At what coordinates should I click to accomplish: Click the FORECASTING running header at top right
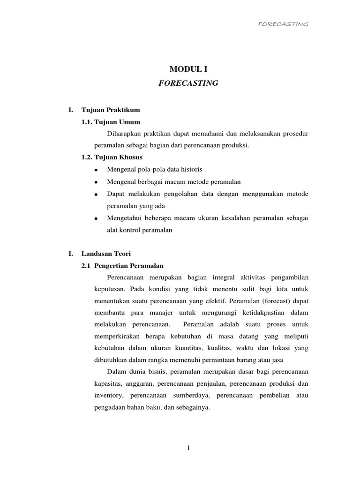(x=283, y=24)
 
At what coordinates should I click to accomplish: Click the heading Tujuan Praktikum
(x=111, y=110)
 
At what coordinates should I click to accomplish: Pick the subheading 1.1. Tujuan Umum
(x=111, y=122)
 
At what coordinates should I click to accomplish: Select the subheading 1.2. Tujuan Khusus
(x=112, y=157)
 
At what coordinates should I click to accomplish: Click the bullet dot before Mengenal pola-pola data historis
(x=96, y=169)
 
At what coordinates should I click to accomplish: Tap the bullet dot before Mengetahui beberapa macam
(x=96, y=218)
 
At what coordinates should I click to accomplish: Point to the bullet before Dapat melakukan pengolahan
(x=96, y=194)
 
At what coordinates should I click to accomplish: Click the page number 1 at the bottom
(x=188, y=448)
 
